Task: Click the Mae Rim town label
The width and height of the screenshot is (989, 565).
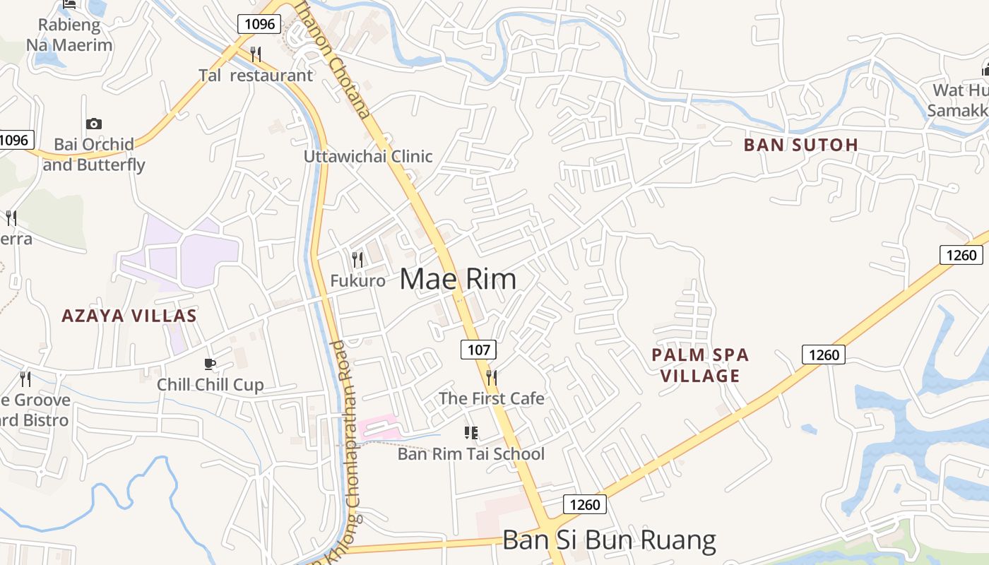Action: (458, 280)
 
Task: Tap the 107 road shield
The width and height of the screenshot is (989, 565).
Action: (478, 349)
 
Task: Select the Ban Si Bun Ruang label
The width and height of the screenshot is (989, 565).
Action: (609, 540)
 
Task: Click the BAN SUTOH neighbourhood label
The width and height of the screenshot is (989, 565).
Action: (800, 145)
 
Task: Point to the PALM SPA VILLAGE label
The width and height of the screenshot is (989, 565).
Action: (700, 365)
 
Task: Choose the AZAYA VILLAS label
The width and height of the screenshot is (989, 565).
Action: (129, 316)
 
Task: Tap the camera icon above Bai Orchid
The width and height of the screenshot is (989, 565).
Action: (93, 124)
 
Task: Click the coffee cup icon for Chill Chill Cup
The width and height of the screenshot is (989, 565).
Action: (209, 364)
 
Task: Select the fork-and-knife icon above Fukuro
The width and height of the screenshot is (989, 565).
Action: (357, 260)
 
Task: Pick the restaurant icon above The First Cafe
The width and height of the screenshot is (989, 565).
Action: (492, 377)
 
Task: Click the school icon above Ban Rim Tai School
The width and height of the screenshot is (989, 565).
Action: (470, 432)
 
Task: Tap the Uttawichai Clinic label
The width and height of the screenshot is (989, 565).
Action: (368, 156)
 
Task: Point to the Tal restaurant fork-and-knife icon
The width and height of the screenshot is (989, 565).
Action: (256, 54)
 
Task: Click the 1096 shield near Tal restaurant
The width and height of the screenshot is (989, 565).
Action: (259, 24)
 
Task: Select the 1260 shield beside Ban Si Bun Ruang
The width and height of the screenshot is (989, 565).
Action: (585, 504)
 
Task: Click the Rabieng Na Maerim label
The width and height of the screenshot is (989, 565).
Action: (69, 35)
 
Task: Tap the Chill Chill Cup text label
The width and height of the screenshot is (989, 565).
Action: (210, 385)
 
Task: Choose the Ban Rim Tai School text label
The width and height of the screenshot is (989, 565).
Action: (471, 453)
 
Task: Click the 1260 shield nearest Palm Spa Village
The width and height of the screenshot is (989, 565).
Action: (824, 354)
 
